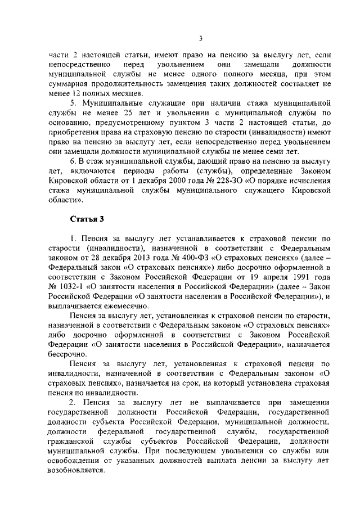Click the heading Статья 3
pyautogui.click(x=84, y=219)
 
